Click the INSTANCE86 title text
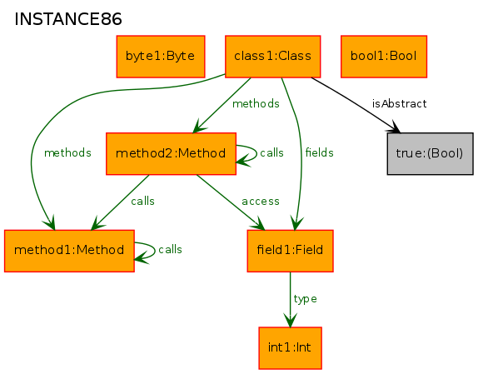(68, 19)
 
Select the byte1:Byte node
(161, 57)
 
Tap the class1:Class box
(273, 57)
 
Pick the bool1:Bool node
(384, 57)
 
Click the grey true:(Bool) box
(431, 153)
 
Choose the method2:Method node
(171, 153)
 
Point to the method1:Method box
(69, 251)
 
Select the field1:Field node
(290, 251)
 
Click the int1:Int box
(290, 348)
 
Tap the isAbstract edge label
(400, 104)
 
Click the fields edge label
(320, 152)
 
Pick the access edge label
(261, 202)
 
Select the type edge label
(305, 299)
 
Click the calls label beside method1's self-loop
(170, 250)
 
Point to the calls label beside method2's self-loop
(271, 152)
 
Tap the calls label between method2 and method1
(142, 202)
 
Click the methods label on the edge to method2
(256, 104)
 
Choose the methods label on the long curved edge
(67, 152)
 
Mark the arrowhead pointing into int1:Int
(290, 321)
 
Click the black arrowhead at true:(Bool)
(394, 127)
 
